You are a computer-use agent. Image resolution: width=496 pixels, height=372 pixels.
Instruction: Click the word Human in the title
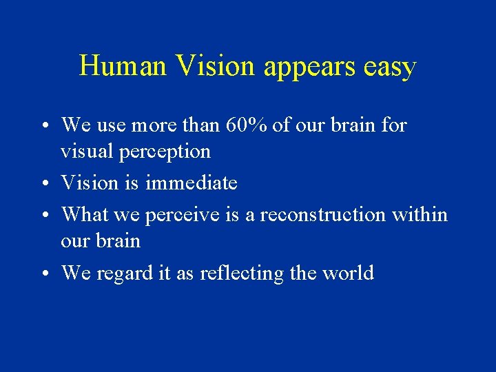(x=123, y=67)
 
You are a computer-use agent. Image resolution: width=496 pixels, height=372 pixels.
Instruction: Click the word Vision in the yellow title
(x=214, y=67)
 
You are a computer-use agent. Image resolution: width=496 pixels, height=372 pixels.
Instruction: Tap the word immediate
(x=192, y=183)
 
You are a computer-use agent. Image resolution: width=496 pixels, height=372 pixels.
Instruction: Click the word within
(x=420, y=215)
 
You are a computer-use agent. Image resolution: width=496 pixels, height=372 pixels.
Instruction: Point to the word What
(x=85, y=215)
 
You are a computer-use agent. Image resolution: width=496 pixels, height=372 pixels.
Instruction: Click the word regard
(x=123, y=274)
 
